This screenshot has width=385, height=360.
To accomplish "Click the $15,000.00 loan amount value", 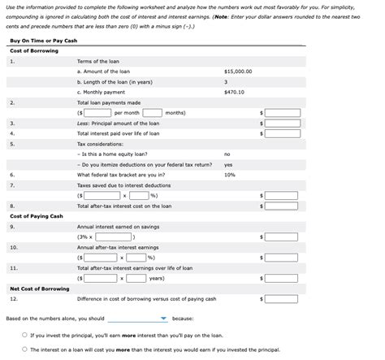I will tap(237, 72).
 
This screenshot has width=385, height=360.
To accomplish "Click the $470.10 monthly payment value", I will tap(234, 92).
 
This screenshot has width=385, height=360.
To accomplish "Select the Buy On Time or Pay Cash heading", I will tap(43, 41).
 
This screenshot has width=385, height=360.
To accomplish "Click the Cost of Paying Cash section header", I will tap(37, 215).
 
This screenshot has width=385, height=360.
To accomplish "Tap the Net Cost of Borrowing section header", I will tap(39, 288).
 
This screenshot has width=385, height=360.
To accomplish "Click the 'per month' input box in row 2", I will tap(98, 113).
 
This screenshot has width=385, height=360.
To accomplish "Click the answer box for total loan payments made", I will tap(282, 113).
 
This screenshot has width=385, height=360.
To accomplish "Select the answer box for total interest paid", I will tap(282, 133).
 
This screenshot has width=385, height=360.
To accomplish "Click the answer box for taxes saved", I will tap(282, 195).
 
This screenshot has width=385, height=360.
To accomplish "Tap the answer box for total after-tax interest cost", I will tap(282, 206).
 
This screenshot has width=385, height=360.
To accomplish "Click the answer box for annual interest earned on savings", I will tap(282, 236).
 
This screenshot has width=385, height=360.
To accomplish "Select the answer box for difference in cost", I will tap(282, 298).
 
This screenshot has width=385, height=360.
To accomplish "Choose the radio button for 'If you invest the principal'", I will tap(24, 335).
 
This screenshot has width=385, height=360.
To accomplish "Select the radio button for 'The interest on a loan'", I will tap(24, 349).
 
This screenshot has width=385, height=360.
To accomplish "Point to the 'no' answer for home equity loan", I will tap(227, 154).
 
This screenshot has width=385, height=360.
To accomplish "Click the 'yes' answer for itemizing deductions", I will tap(227, 164).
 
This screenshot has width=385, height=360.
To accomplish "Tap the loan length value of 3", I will tap(225, 82).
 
